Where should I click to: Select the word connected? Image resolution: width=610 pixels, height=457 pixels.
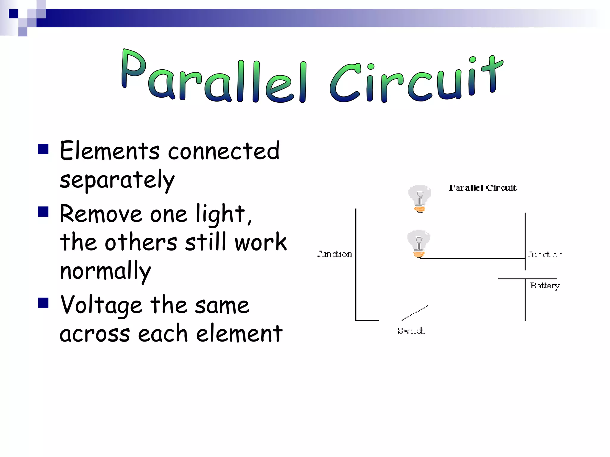tap(224, 151)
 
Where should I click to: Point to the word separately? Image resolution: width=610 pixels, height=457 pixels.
tap(117, 180)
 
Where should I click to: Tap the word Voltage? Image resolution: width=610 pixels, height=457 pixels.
tap(101, 306)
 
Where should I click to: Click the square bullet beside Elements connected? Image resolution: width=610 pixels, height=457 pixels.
tap(43, 149)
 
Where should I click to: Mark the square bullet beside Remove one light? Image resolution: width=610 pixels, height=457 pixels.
tap(43, 212)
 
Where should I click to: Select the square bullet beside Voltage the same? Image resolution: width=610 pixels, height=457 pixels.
tap(43, 303)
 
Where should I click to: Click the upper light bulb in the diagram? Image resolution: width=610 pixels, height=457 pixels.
tap(419, 198)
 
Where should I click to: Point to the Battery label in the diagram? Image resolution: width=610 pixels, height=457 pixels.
tap(545, 286)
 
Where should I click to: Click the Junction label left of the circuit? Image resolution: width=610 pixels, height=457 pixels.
tap(334, 254)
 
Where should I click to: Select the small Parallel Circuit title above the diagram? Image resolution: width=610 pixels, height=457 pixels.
tap(483, 188)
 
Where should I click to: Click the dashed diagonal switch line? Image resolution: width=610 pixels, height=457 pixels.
tap(415, 313)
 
